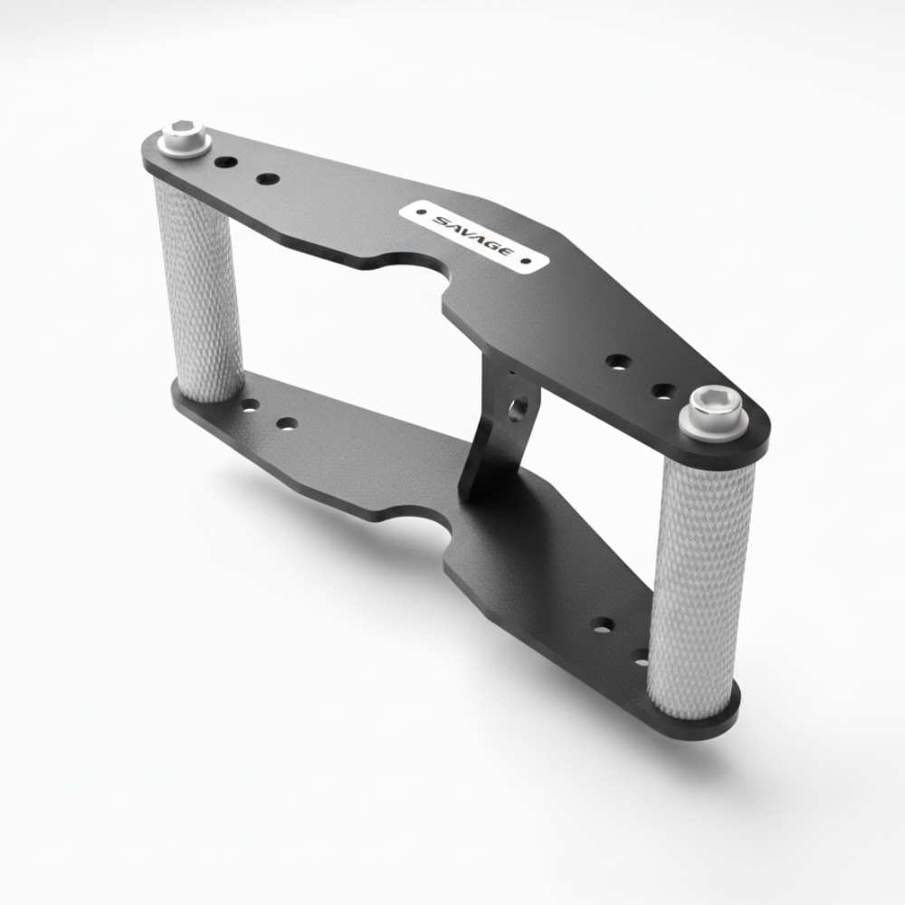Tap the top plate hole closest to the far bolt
[227, 164]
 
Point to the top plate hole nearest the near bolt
[663, 391]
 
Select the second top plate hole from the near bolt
[617, 362]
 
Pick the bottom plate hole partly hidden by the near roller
[642, 656]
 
